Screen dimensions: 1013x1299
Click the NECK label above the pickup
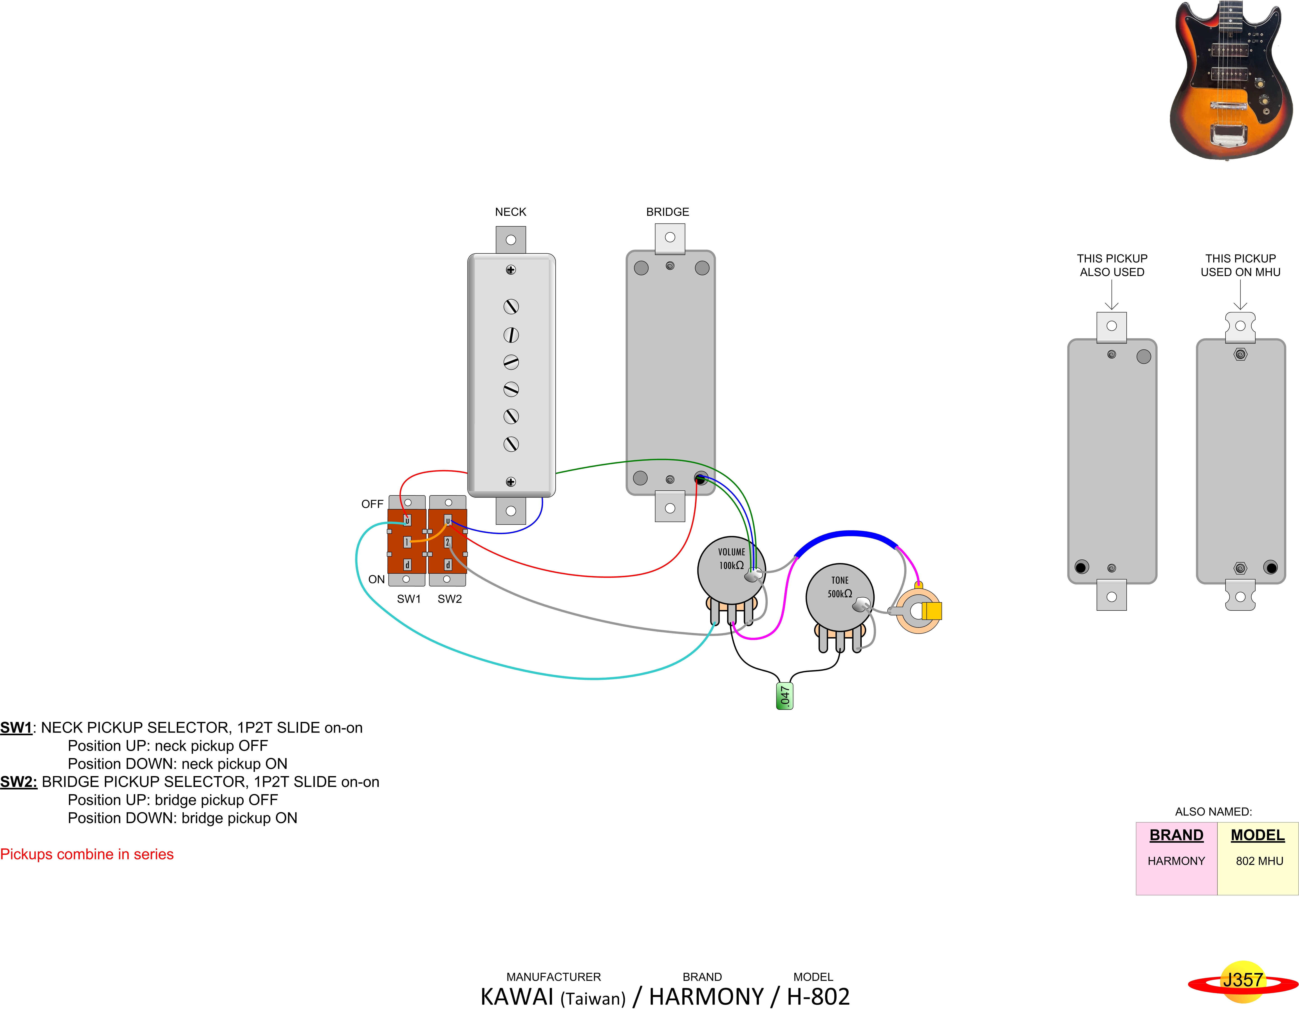click(x=510, y=212)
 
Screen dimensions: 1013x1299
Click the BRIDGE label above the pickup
click(x=667, y=212)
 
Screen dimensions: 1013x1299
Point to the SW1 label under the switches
click(x=409, y=599)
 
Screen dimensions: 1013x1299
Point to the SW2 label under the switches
click(x=450, y=599)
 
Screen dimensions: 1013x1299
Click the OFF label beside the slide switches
click(x=372, y=504)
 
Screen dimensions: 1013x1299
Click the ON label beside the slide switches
click(x=377, y=579)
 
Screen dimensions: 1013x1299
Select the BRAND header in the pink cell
click(x=1176, y=835)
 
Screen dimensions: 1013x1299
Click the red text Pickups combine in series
click(x=87, y=854)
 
